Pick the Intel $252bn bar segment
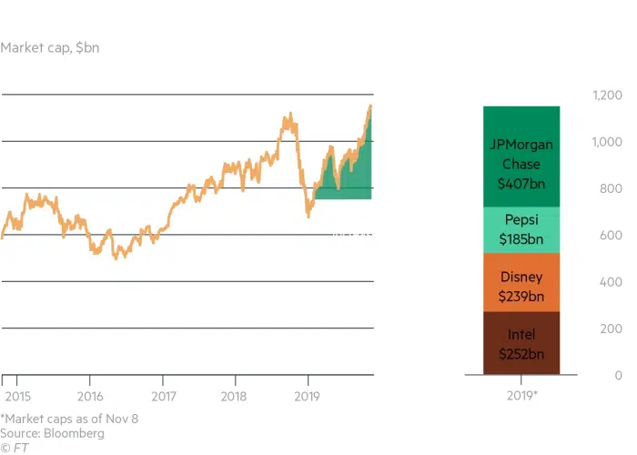(521, 343)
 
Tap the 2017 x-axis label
(162, 398)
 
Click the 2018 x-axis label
(235, 398)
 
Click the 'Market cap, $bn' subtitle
(50, 47)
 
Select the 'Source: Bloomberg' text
(53, 433)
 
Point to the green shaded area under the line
(350, 177)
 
